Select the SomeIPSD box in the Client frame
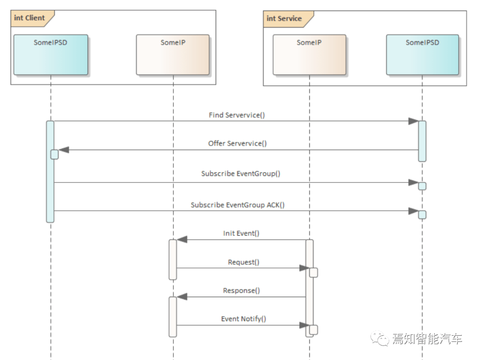point(50,54)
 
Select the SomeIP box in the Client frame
point(173,54)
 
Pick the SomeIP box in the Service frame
point(309,54)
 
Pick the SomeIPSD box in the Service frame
point(423,54)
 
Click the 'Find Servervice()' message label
point(237,115)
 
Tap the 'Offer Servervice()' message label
point(238,143)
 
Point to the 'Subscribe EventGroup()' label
point(241,174)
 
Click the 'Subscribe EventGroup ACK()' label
point(238,205)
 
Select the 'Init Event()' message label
point(241,233)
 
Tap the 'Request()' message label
point(243,262)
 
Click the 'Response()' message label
point(242,290)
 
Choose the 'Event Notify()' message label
point(243,319)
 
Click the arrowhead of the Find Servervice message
point(413,121)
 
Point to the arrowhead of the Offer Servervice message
point(64,150)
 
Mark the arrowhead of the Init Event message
point(182,240)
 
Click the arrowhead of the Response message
point(182,297)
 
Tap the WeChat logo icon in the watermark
point(380,338)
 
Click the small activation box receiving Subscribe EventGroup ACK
point(422,215)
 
